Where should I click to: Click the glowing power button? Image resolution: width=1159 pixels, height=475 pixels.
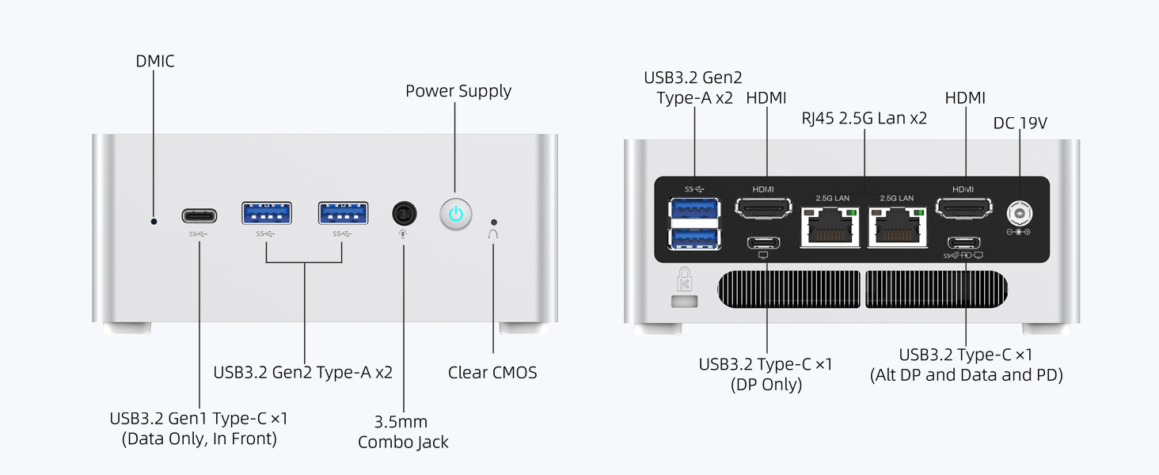pyautogui.click(x=455, y=214)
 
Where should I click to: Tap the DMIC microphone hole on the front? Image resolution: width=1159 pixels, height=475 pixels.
pyautogui.click(x=154, y=221)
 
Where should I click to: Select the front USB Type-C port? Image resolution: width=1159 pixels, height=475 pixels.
pyautogui.click(x=199, y=216)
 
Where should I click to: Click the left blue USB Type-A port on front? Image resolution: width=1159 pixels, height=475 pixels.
pyautogui.click(x=267, y=214)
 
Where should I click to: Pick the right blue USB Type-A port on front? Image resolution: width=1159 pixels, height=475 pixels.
pyautogui.click(x=343, y=214)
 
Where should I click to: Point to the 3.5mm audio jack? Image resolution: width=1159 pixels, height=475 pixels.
pyautogui.click(x=404, y=214)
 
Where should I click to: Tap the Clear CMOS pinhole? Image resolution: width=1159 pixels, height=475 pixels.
pyautogui.click(x=495, y=222)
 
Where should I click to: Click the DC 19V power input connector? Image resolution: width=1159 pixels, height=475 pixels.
pyautogui.click(x=1018, y=213)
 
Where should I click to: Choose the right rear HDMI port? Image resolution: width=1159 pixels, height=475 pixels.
pyautogui.click(x=964, y=208)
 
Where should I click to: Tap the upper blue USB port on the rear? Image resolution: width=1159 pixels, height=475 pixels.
pyautogui.click(x=694, y=209)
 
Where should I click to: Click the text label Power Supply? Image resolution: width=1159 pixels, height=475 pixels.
pyautogui.click(x=458, y=91)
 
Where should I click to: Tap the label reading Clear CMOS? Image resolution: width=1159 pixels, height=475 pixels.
pyautogui.click(x=492, y=372)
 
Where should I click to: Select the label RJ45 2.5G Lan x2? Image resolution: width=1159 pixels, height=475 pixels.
pyautogui.click(x=864, y=119)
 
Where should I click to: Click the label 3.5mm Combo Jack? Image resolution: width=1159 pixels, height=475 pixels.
pyautogui.click(x=403, y=431)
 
